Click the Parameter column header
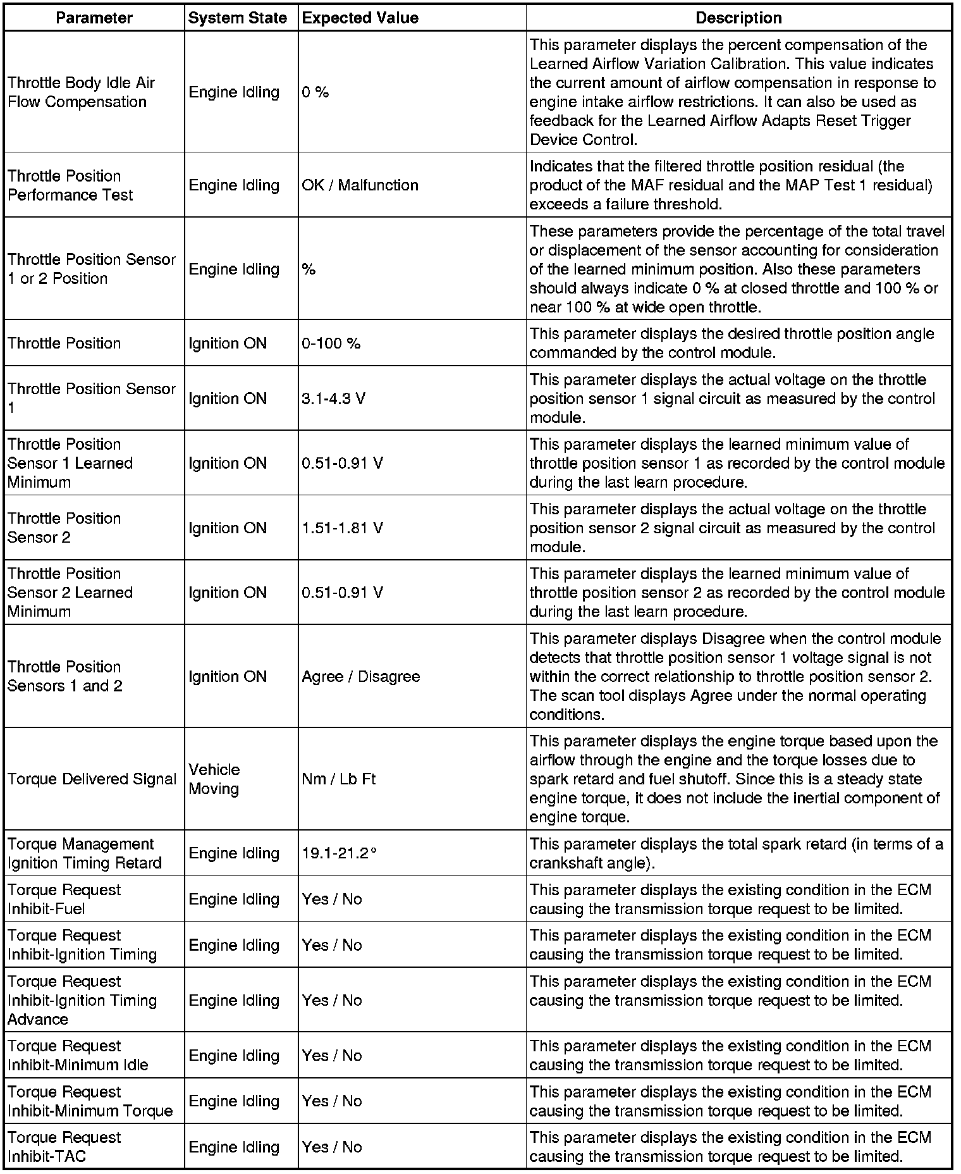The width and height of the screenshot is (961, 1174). coord(94,18)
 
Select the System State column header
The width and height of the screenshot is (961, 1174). coord(238,18)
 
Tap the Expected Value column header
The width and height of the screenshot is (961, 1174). coord(360,18)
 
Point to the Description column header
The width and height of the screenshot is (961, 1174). coord(738,18)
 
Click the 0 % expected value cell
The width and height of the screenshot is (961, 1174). coord(315,92)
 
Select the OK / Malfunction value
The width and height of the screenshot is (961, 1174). coord(360,185)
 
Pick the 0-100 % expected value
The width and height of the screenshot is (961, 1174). coord(331,343)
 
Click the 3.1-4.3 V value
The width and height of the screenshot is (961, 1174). coord(333,399)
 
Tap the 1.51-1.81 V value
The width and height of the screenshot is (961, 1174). coord(342,528)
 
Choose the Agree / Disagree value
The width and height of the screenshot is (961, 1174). coord(361,677)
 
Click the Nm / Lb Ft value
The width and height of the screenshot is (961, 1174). coord(339,779)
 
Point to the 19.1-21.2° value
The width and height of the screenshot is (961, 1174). coord(340,853)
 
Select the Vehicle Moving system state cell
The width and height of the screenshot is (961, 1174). coord(214,779)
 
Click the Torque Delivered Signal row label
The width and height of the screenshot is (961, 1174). coord(92,779)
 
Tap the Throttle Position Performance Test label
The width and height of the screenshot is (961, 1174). coord(70,185)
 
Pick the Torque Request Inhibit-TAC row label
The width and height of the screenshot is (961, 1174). coord(64,1147)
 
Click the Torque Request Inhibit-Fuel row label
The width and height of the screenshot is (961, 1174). coord(64,899)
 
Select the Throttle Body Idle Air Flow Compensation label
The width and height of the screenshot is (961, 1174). coord(81,92)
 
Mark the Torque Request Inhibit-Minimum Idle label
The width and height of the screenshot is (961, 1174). coord(78,1056)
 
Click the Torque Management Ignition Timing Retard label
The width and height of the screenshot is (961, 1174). coord(85,853)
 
